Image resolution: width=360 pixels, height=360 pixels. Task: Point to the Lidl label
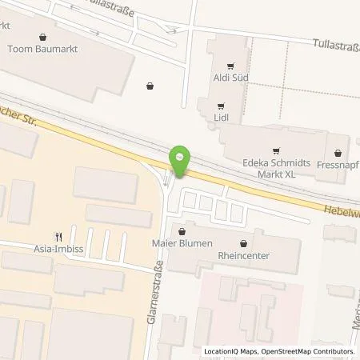(x=222, y=118)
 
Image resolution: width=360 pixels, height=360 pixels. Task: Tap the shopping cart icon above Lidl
(x=220, y=104)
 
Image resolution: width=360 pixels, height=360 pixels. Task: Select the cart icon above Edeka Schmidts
(x=276, y=148)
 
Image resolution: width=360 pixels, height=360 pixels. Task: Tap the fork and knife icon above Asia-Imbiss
(x=58, y=236)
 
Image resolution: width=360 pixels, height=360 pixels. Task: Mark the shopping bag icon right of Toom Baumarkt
(x=150, y=86)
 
